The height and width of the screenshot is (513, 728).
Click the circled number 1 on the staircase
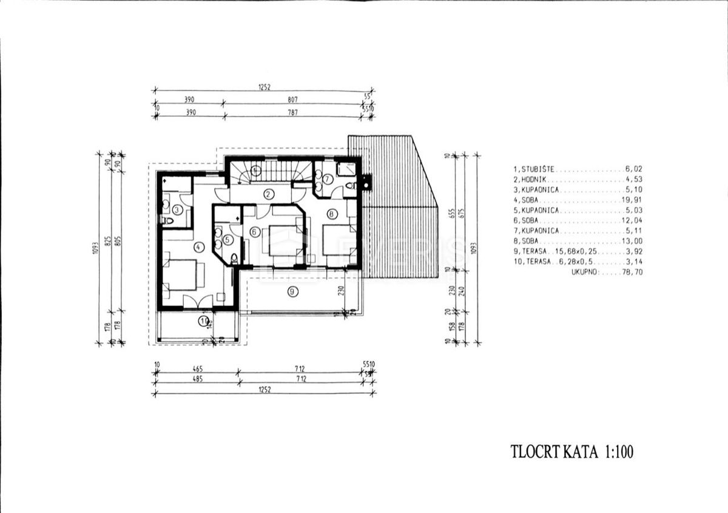pyautogui.click(x=255, y=171)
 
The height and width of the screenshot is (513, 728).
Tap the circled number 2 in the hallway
pyautogui.click(x=268, y=194)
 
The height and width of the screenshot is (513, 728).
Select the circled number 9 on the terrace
pyautogui.click(x=293, y=292)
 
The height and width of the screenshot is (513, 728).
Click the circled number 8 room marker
pyautogui.click(x=331, y=214)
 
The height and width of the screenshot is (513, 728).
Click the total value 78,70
pyautogui.click(x=633, y=273)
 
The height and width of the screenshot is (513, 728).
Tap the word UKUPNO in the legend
pyautogui.click(x=583, y=273)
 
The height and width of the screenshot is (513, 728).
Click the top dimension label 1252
pyautogui.click(x=264, y=87)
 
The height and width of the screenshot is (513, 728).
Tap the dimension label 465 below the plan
pyautogui.click(x=197, y=369)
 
